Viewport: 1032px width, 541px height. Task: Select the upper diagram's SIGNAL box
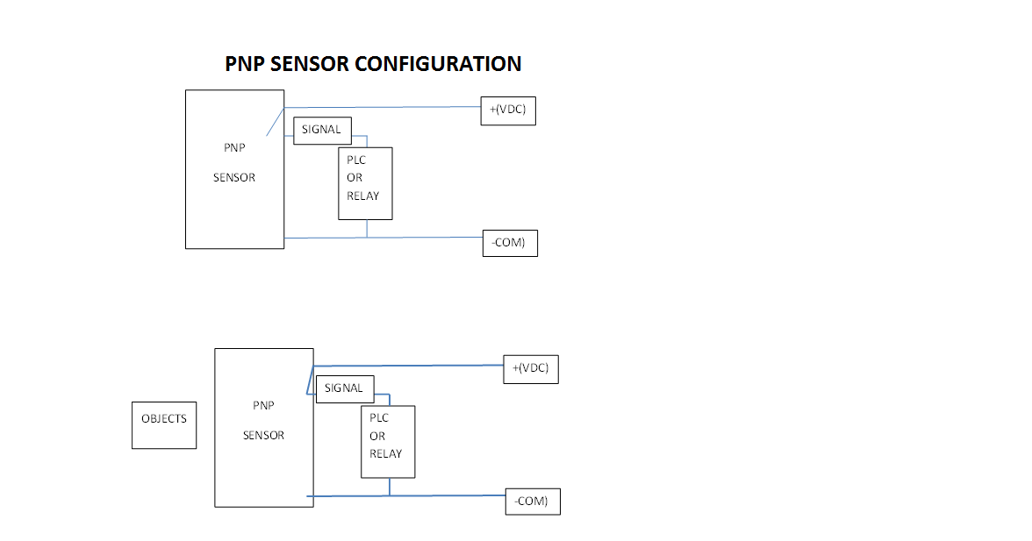tap(322, 130)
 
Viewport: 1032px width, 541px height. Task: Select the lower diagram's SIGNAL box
tap(345, 388)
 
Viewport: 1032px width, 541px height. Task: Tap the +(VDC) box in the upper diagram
tap(508, 110)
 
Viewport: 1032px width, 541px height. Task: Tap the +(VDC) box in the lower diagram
tap(531, 369)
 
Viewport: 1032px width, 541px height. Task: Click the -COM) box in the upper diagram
tap(510, 243)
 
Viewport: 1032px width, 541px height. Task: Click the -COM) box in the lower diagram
tap(533, 502)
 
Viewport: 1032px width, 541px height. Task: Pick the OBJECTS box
tap(164, 425)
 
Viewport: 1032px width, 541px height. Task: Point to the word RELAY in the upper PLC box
tap(363, 196)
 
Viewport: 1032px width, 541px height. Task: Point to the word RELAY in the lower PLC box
tap(386, 454)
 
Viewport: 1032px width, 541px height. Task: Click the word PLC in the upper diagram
tap(356, 160)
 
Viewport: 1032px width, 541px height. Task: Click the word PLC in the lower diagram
tap(379, 419)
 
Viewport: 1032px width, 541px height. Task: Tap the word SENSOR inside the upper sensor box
tap(234, 177)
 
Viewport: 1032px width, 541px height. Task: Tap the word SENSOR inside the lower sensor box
tap(264, 435)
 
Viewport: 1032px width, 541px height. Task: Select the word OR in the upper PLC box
tap(355, 178)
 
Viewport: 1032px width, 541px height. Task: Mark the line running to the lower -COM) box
tap(448, 495)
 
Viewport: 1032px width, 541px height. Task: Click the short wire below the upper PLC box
tap(367, 228)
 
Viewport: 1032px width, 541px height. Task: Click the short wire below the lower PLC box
tap(390, 487)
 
